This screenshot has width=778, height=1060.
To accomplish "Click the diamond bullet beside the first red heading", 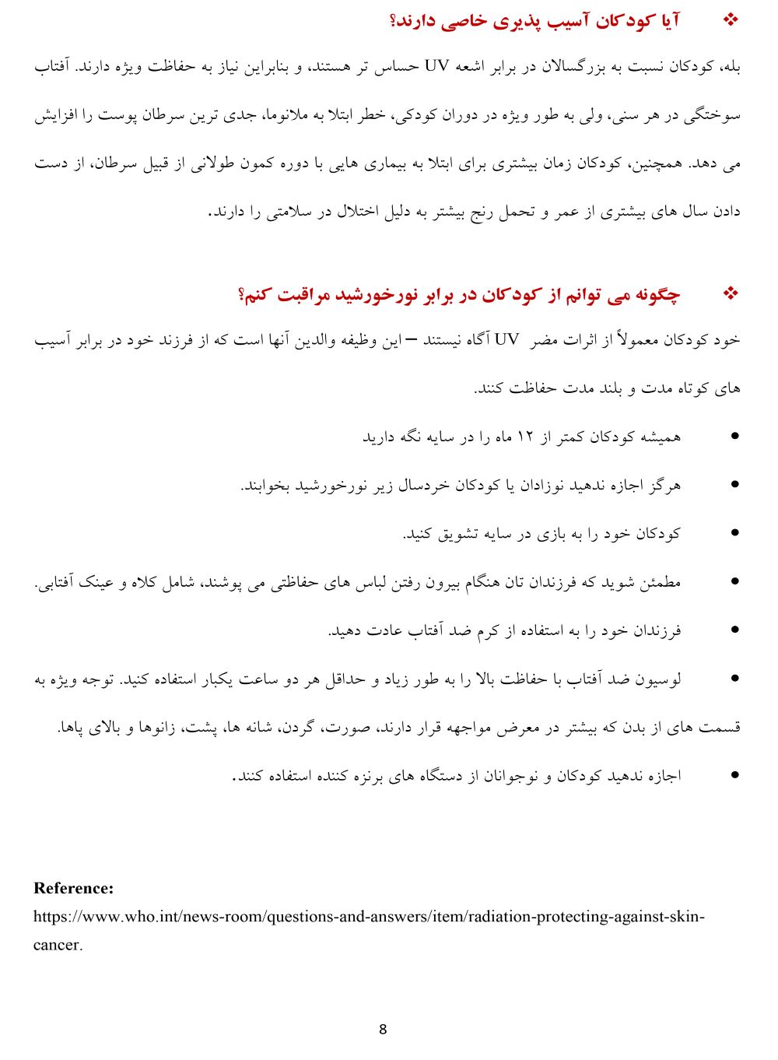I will pos(731,20).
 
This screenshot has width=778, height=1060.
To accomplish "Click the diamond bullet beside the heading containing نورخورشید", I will pos(731,293).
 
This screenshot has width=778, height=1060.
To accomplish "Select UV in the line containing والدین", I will pos(506,340).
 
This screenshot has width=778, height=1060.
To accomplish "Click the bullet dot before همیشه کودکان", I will pos(734,437).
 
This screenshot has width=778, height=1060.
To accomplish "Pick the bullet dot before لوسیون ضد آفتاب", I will pos(734,679).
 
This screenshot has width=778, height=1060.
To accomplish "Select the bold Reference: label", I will pos(73,888).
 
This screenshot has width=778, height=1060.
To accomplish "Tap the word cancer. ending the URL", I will pos(58,945).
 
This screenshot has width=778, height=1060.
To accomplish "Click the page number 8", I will pos(382,1030).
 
